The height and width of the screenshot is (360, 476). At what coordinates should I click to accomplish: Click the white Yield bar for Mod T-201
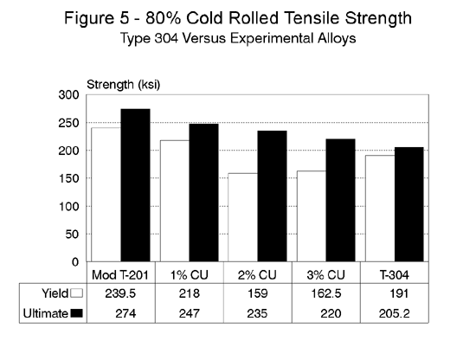pos(106,195)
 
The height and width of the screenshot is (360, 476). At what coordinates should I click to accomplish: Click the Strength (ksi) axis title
pos(124,85)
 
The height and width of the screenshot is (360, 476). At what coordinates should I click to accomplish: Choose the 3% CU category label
pos(321,275)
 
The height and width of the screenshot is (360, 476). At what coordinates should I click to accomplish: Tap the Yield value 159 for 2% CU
pos(255,294)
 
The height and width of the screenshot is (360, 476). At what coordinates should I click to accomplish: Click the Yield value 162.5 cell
pos(321,294)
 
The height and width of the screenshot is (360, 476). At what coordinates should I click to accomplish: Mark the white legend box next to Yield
pos(75,294)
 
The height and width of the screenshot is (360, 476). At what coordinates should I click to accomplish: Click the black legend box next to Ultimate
pos(75,312)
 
